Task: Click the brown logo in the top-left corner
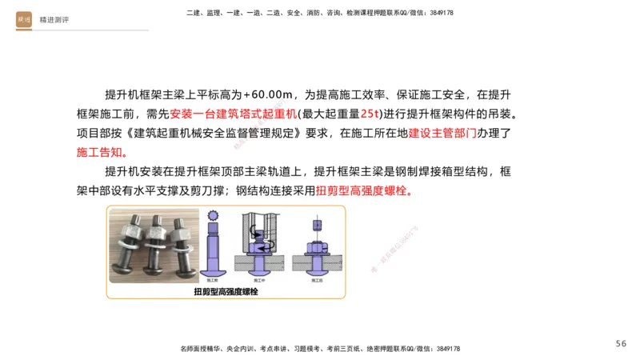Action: tap(24, 20)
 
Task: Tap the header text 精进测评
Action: tap(54, 20)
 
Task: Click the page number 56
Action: tap(621, 343)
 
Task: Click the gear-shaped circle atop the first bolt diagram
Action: tap(213, 217)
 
